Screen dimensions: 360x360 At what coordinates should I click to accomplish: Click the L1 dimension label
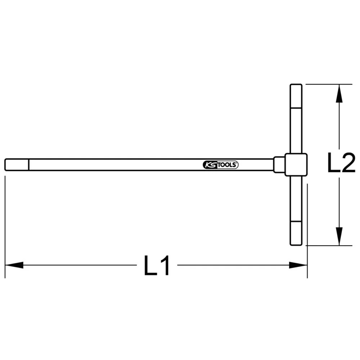(157, 266)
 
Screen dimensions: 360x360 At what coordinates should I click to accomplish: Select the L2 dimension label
(341, 163)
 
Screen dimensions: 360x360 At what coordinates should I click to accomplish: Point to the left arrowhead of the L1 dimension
(14, 265)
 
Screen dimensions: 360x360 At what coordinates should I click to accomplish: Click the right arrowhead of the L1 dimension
(298, 265)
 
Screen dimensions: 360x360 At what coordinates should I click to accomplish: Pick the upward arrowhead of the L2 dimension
(338, 94)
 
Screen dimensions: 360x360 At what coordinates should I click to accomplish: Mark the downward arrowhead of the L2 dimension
(338, 237)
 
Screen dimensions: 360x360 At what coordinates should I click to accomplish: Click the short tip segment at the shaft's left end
(17, 165)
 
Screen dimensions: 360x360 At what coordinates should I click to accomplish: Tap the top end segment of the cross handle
(296, 96)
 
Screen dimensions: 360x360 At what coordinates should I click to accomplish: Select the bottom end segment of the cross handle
(296, 233)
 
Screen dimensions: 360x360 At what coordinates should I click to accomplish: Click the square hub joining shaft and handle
(296, 165)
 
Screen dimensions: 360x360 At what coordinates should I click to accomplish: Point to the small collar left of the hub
(279, 165)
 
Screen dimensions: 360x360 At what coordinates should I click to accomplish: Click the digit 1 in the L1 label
(165, 266)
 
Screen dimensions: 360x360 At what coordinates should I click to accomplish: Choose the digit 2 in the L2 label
(348, 163)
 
